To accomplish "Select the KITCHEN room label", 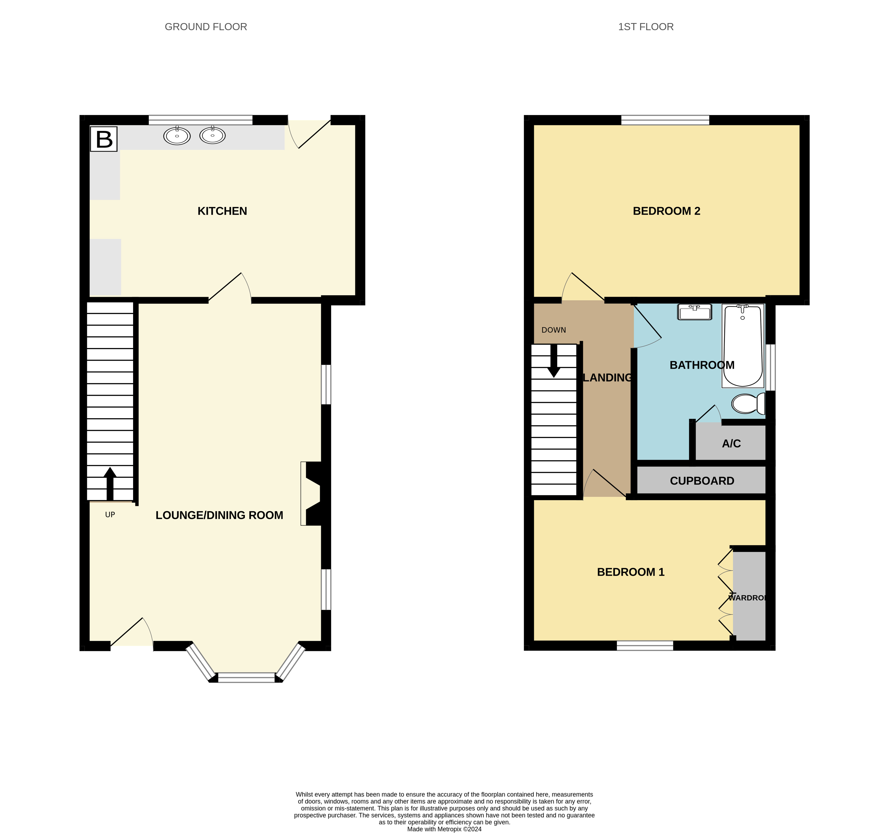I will [222, 211].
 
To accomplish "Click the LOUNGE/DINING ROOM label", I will [219, 515].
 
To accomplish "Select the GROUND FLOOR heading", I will [206, 27].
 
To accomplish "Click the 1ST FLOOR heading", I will [645, 27].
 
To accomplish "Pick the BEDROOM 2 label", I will [666, 211].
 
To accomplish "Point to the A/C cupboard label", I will [731, 444].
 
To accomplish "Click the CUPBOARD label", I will [702, 481].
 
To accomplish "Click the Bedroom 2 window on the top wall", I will [665, 120].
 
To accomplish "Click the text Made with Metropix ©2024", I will [444, 829].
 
